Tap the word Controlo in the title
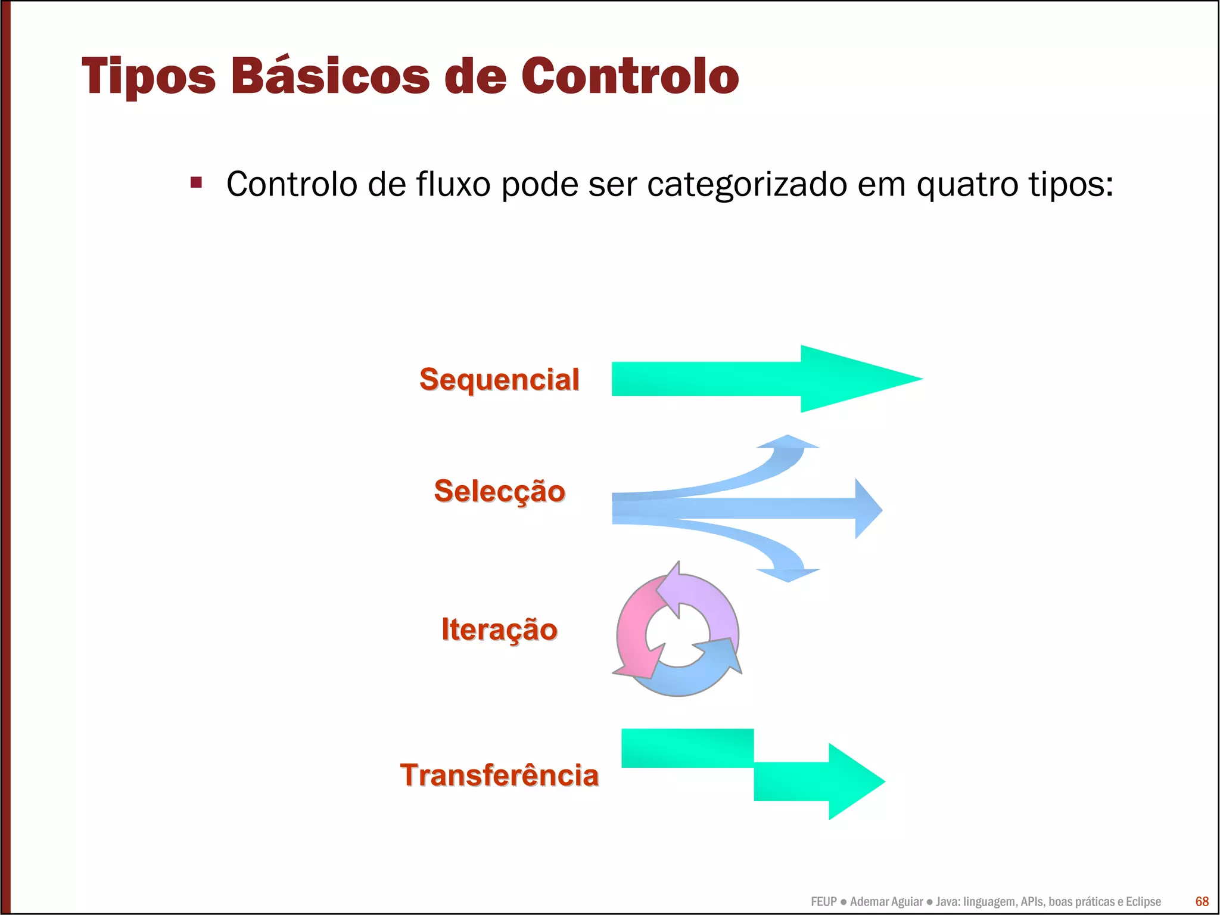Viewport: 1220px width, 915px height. coord(630,76)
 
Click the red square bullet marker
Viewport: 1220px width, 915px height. coord(196,182)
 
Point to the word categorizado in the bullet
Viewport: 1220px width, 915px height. coord(747,184)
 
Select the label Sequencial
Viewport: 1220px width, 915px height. coord(499,380)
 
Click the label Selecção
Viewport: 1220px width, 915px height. coord(499,491)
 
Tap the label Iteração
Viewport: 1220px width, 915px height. coord(499,630)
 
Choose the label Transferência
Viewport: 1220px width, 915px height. coord(499,776)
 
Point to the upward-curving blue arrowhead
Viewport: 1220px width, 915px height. coord(788,443)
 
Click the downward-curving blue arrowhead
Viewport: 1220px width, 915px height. coord(788,575)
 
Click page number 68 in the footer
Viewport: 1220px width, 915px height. coord(1202,901)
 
